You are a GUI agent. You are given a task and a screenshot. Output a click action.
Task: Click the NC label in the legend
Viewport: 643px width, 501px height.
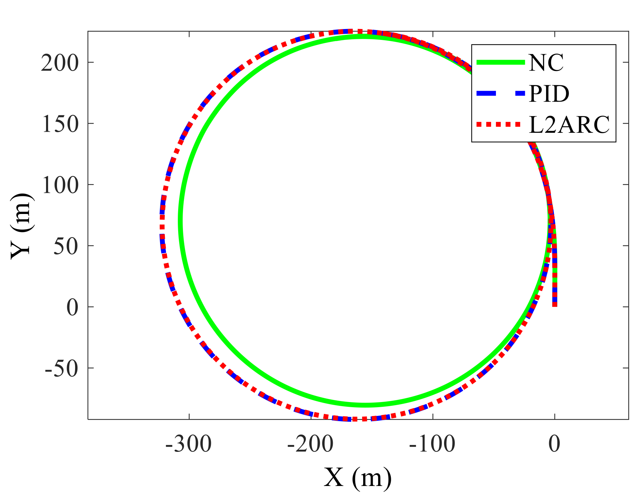(546, 62)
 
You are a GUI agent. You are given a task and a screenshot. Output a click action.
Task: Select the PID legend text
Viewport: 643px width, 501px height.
(549, 94)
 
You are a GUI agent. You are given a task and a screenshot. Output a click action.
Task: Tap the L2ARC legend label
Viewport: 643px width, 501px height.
(569, 125)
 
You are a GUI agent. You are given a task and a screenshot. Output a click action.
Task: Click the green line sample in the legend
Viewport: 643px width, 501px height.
(500, 62)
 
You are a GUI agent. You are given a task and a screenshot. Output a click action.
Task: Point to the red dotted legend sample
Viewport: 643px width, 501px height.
(500, 125)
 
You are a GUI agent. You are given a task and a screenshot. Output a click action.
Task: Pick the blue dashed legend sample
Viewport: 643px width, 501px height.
(500, 93)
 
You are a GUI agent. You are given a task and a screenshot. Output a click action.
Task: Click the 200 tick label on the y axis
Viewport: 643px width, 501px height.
(60, 63)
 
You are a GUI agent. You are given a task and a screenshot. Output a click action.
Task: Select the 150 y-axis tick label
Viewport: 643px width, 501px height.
(60, 124)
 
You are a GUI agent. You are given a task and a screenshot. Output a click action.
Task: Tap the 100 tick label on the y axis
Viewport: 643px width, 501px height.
(60, 185)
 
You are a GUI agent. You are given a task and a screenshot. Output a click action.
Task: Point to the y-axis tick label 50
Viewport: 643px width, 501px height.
(66, 246)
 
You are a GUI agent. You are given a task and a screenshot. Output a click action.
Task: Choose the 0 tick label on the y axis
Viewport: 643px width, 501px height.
(72, 307)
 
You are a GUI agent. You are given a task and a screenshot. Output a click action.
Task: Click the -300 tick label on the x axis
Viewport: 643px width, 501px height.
(188, 444)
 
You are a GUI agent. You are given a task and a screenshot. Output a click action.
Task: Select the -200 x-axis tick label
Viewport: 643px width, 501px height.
(310, 444)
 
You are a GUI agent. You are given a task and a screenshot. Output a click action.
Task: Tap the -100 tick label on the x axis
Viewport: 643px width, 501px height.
(432, 444)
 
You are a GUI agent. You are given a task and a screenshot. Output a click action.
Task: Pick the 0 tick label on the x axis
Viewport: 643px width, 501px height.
(555, 444)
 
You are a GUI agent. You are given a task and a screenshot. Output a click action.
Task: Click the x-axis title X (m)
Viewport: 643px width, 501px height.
(358, 478)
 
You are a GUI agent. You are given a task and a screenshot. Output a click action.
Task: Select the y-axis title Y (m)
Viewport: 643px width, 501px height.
(21, 226)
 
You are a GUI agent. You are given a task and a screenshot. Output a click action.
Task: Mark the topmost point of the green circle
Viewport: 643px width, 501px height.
(365, 37)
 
